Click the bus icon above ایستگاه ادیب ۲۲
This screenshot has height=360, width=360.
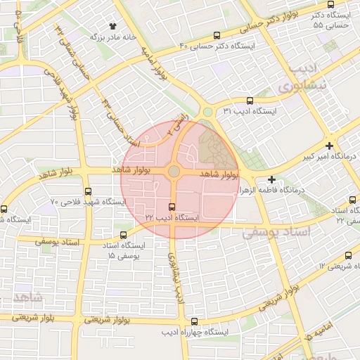(173, 206)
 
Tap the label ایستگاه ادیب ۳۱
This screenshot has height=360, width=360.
(250, 111)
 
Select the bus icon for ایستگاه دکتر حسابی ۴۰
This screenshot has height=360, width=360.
(217, 35)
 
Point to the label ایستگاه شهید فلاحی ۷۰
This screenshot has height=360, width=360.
(88, 202)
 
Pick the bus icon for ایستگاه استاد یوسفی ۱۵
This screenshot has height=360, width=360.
(124, 235)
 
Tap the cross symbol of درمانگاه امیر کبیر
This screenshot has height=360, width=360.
(329, 146)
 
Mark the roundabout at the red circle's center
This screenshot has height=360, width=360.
(174, 171)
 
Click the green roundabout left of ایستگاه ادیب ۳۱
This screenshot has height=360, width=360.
(207, 112)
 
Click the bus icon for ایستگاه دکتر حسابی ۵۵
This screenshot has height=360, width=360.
(331, 5)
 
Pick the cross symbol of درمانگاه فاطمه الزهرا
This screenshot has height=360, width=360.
(271, 179)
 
